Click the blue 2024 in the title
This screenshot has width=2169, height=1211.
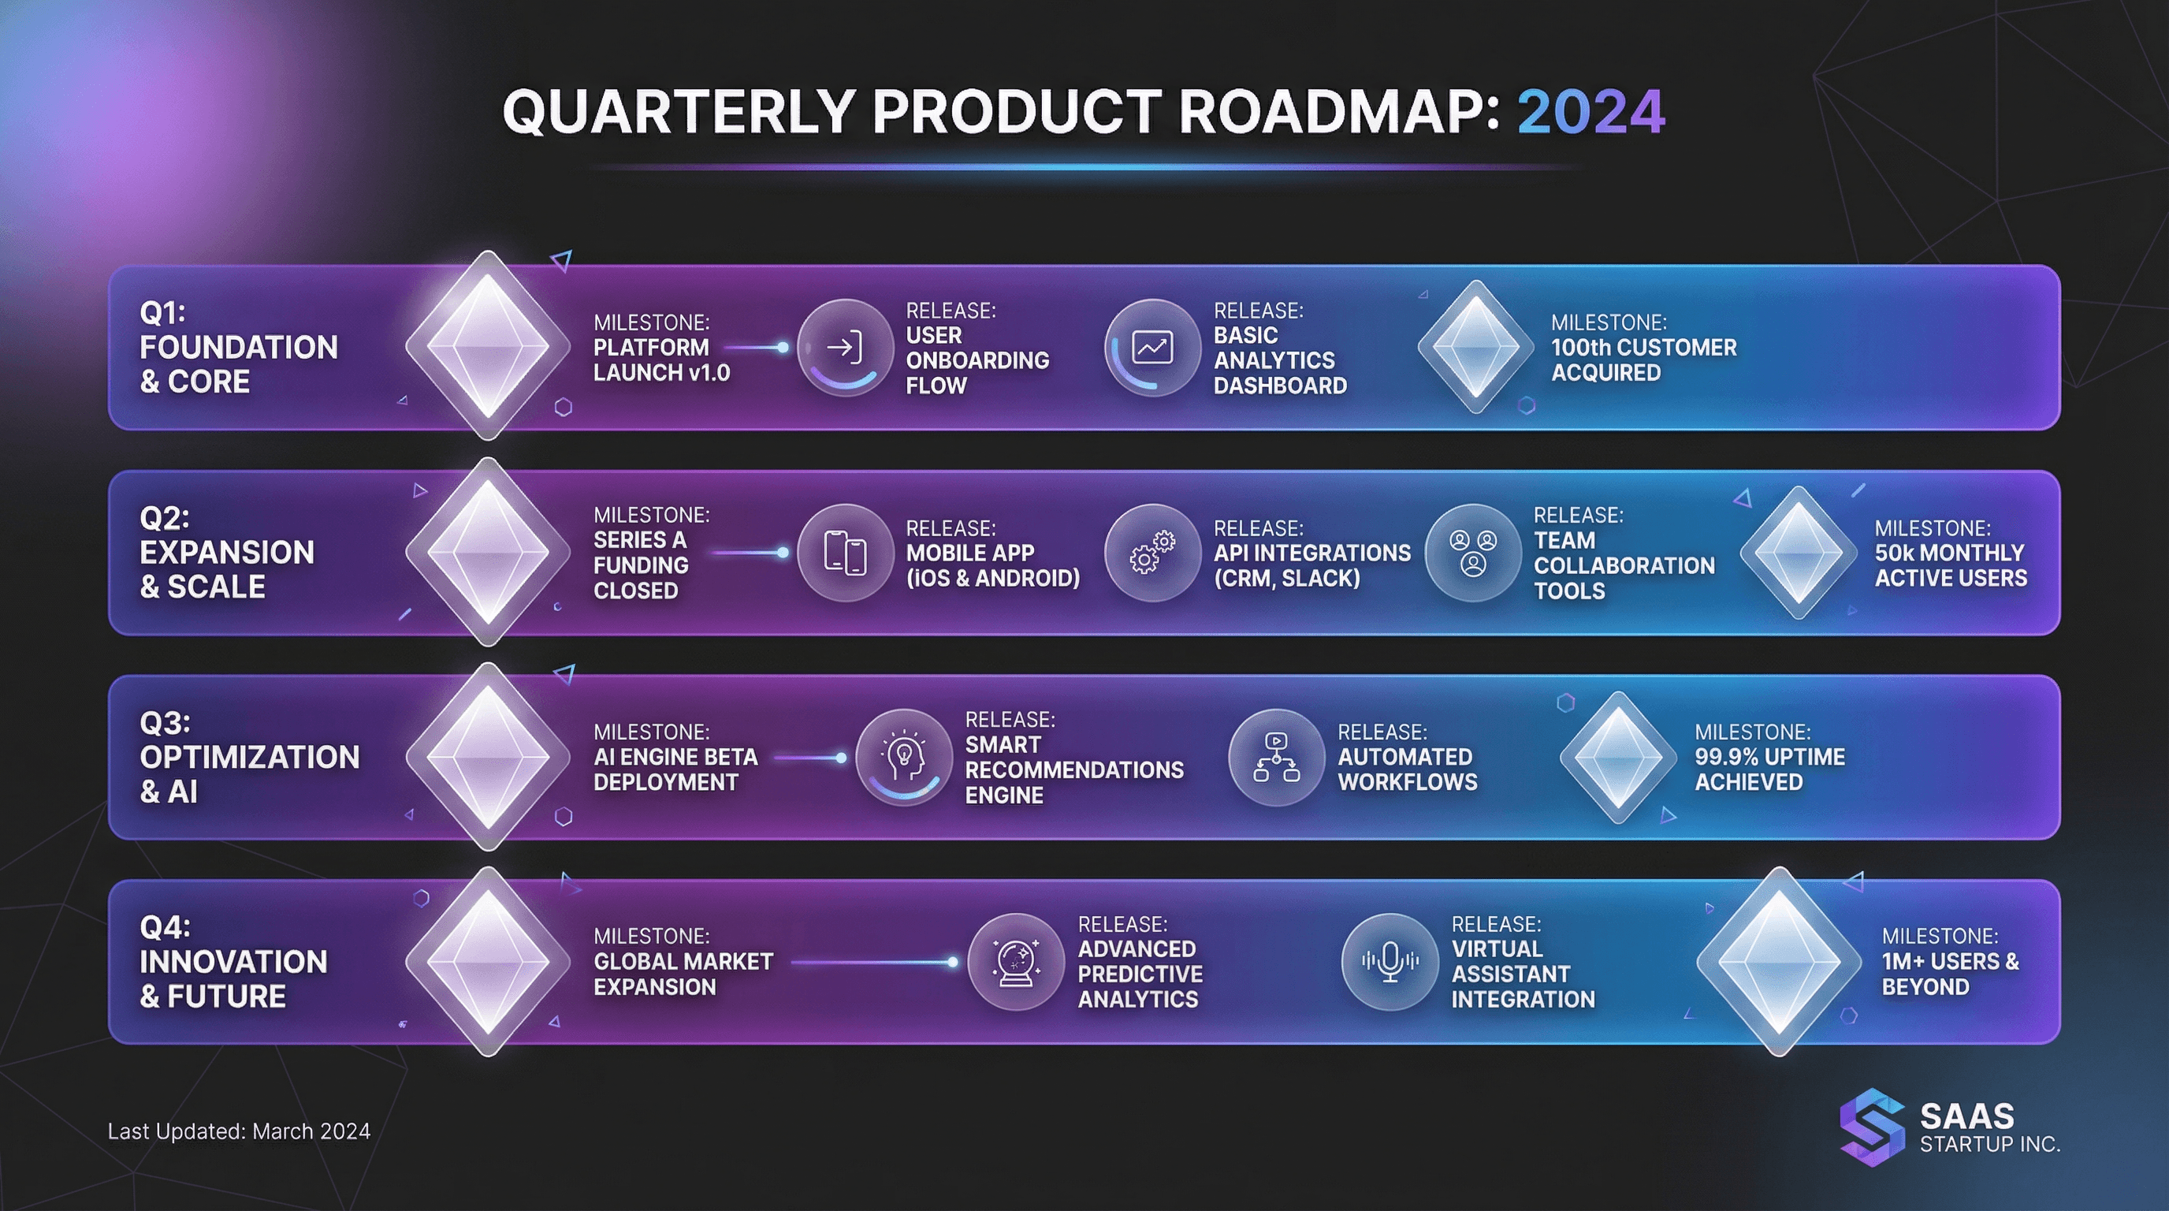[1590, 112]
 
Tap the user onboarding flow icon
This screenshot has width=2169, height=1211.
[845, 347]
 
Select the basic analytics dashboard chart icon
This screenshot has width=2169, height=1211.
[1151, 347]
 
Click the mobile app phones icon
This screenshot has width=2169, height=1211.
[845, 553]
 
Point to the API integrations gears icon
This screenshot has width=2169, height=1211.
[1151, 553]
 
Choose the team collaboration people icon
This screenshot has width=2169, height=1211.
[1472, 553]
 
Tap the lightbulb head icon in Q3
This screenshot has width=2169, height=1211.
[903, 757]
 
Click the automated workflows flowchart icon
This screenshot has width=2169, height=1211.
[1276, 757]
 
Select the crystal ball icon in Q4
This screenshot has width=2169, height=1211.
[1015, 962]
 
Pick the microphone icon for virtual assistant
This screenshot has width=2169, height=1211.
[1390, 962]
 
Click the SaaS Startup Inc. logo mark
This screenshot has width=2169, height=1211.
[1872, 1127]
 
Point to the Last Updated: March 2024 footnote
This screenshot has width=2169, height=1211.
[239, 1131]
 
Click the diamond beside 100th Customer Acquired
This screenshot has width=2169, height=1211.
[1475, 346]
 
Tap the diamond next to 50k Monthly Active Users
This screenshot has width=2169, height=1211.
[1798, 553]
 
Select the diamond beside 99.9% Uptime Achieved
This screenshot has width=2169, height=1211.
[1617, 757]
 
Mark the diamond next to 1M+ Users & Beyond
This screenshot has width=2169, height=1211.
[1778, 962]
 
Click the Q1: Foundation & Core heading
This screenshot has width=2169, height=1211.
[238, 347]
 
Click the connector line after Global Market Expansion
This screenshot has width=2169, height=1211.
[872, 962]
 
